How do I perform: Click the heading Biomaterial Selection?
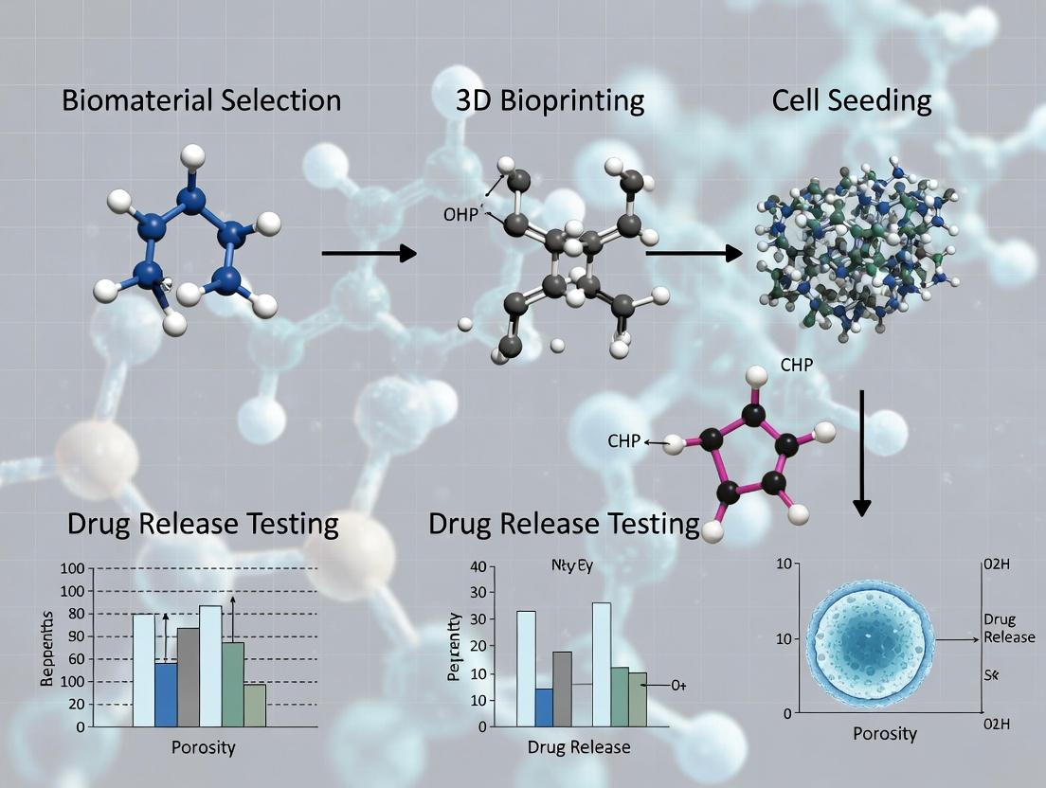[x=201, y=100]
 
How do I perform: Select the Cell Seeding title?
[x=851, y=100]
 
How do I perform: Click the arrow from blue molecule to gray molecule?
[x=369, y=253]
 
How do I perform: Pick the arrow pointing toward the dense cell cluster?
[x=693, y=253]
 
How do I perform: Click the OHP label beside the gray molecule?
[x=461, y=214]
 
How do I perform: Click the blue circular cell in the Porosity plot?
[x=867, y=640]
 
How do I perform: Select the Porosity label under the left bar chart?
[x=203, y=747]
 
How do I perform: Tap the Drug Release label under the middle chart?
[x=578, y=747]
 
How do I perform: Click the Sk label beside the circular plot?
[x=992, y=675]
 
